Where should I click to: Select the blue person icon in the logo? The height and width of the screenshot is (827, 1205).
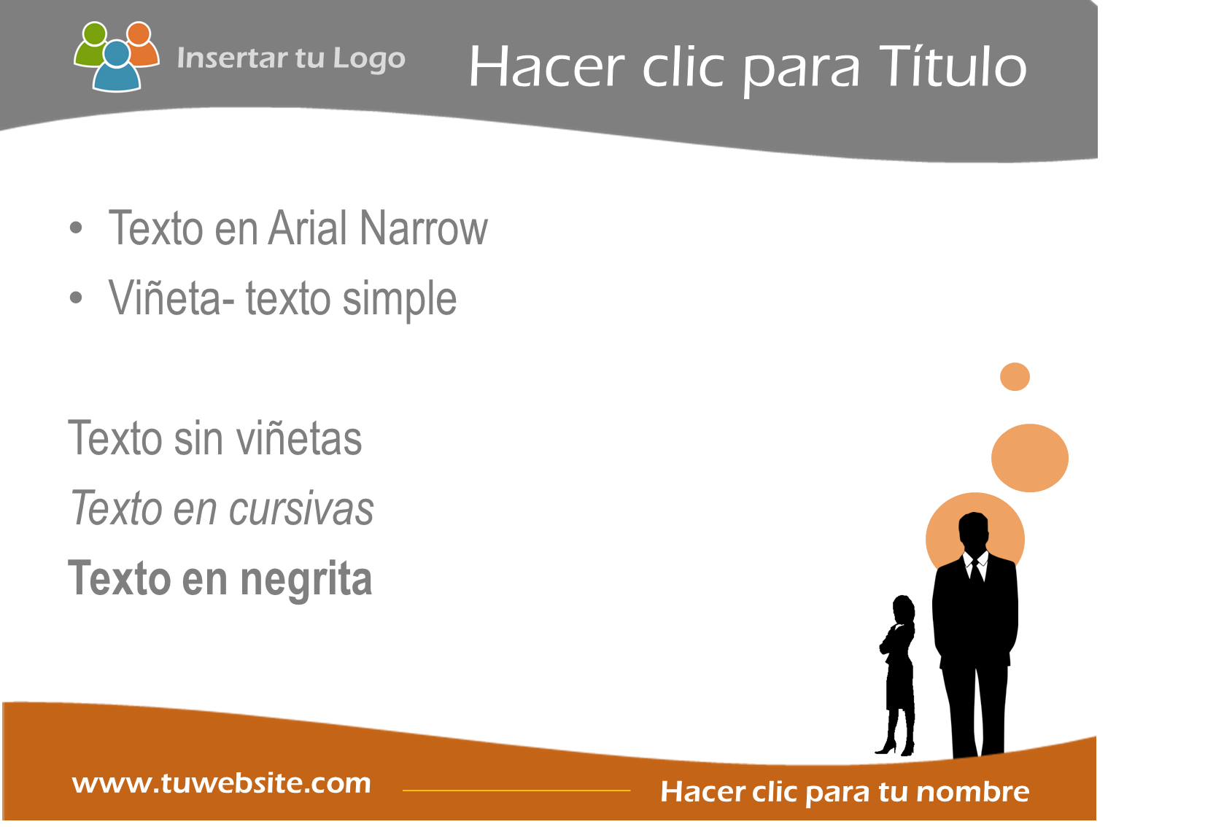tap(117, 68)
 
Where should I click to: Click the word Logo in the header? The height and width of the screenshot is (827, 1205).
tap(369, 59)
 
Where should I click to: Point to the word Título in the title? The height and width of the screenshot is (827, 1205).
tap(953, 66)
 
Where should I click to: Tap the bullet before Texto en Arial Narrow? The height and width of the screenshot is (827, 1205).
tap(76, 228)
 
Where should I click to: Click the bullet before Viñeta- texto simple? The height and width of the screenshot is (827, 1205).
tap(76, 298)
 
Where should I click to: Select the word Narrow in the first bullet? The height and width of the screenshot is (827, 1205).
tap(424, 228)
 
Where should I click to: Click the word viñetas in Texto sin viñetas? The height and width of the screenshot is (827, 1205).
tap(299, 438)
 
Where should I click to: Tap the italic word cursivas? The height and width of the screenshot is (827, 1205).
tap(301, 509)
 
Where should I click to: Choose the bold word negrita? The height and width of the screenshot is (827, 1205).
tap(306, 580)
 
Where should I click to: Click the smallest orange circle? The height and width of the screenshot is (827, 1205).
tap(1015, 377)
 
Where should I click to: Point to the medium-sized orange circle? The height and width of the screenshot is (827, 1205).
tap(1030, 458)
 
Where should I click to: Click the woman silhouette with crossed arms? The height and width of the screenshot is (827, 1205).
tap(897, 675)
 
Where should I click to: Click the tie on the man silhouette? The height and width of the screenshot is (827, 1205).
tap(977, 570)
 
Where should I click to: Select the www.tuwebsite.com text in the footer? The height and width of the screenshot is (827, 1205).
tap(222, 783)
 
